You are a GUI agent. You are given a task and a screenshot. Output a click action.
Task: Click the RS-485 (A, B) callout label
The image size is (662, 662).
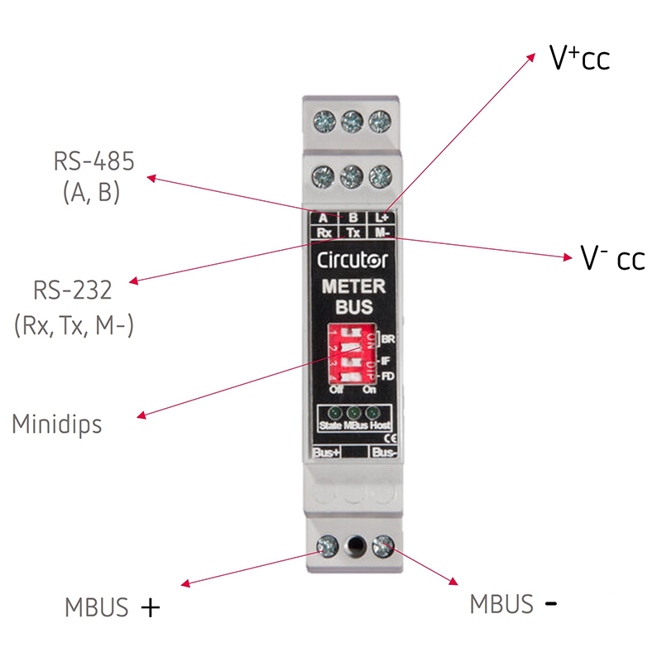pos(94,176)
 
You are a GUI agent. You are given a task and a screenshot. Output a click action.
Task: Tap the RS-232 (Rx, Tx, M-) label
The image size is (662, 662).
pos(74,308)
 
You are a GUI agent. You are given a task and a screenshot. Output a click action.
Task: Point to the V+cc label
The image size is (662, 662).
pos(579,60)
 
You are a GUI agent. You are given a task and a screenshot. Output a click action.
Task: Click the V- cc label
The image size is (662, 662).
pos(612,258)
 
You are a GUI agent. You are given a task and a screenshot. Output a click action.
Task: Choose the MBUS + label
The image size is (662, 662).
pos(112,607)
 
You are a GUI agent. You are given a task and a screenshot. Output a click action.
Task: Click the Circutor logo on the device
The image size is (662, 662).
pos(353,259)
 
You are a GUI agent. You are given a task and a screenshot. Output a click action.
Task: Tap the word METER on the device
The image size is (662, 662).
pos(353,287)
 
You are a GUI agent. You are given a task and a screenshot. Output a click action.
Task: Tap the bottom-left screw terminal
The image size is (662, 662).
pos(327,545)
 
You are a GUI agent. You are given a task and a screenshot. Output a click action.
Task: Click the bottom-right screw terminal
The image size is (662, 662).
pos(383,545)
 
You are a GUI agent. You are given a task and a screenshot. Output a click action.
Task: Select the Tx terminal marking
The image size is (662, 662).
pos(353,233)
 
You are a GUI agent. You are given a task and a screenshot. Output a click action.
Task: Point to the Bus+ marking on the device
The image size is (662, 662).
pos(327,453)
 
